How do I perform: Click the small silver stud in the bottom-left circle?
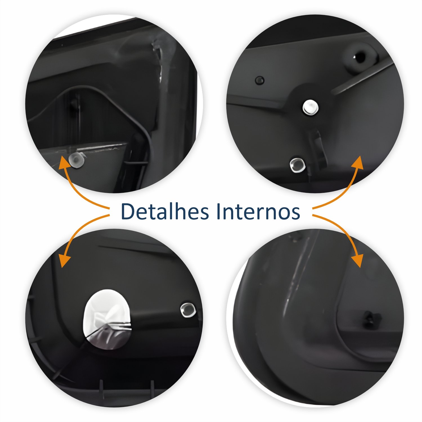[x=188, y=310]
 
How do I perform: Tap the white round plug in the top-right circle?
[x=310, y=107]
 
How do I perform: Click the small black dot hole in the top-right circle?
[x=259, y=80]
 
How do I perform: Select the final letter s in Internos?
[x=295, y=214]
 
